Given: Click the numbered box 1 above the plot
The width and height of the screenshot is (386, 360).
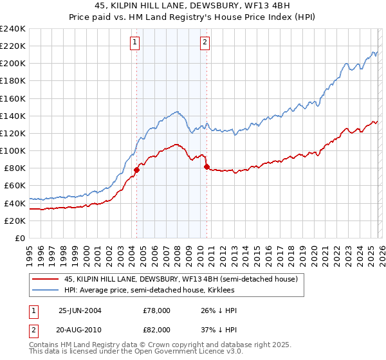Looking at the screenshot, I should (x=135, y=43).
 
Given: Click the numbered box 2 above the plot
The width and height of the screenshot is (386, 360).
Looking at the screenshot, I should (x=205, y=43).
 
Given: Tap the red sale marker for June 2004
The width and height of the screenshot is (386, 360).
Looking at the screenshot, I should (x=136, y=170).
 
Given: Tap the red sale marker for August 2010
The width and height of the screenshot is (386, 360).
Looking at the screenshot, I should (x=207, y=166).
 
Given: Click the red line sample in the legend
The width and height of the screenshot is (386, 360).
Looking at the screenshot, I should (x=46, y=280).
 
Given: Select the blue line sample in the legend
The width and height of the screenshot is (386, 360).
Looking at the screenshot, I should (x=46, y=291).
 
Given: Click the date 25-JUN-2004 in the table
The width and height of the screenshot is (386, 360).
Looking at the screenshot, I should (x=81, y=310).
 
